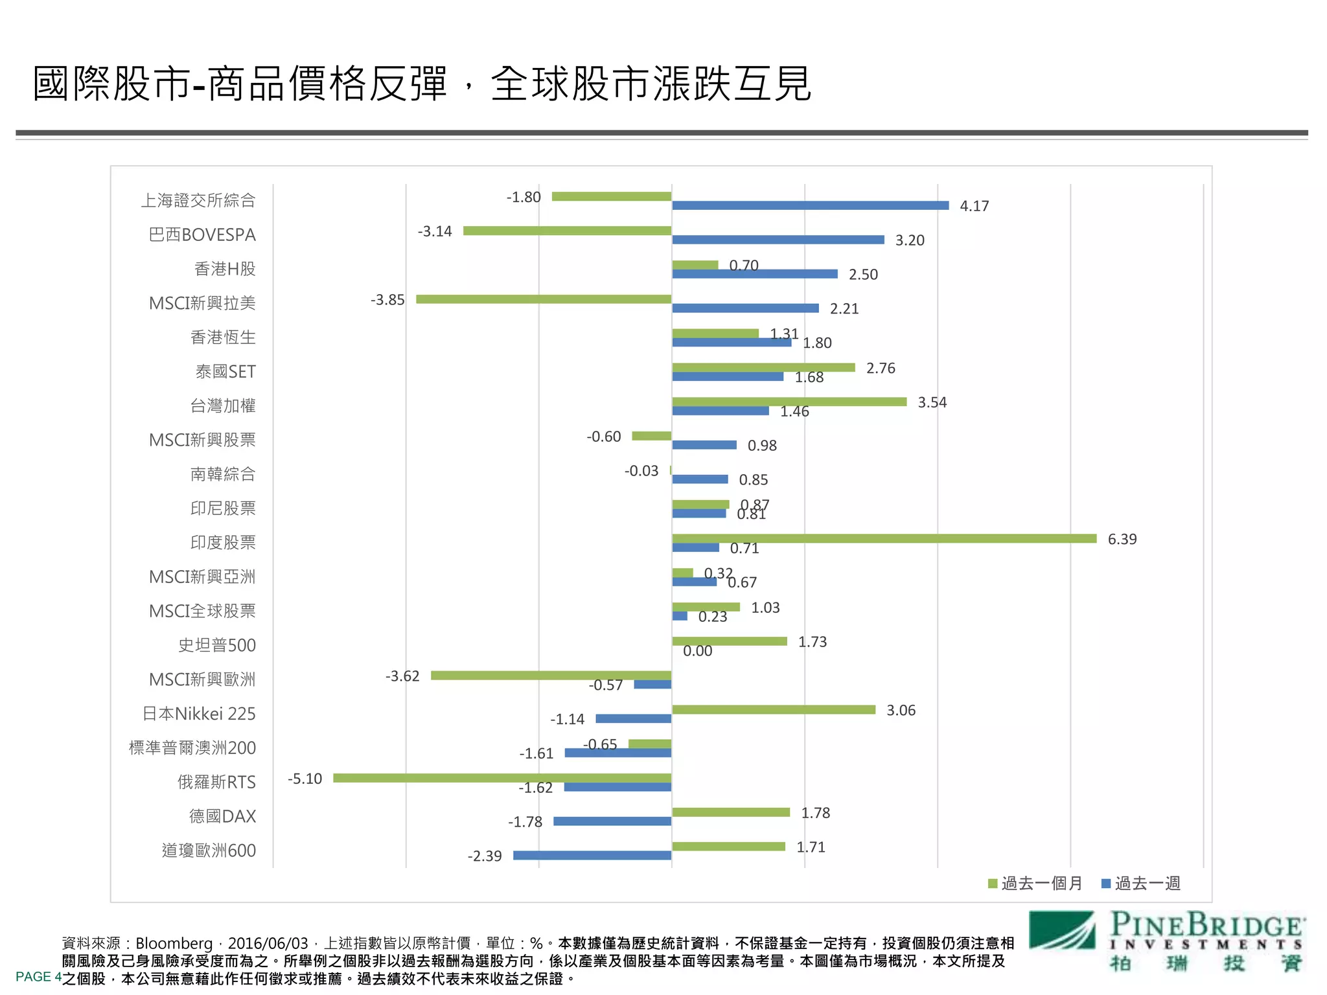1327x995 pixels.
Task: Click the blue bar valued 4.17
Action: click(x=810, y=205)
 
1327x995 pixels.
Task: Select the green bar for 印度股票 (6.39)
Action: click(x=884, y=538)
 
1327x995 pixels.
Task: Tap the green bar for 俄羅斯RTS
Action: click(x=502, y=777)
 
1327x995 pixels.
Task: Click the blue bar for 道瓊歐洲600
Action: click(x=592, y=855)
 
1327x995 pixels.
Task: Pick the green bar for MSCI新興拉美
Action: click(x=544, y=299)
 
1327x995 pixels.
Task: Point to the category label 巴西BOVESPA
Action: click(x=202, y=234)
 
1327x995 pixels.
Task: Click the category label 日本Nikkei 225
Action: click(x=199, y=713)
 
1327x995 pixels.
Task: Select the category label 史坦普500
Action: click(x=217, y=645)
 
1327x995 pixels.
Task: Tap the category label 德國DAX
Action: click(x=222, y=816)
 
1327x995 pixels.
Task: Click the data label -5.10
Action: click(x=305, y=778)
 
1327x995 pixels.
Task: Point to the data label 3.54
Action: click(x=932, y=402)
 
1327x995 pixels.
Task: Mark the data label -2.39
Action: click(x=485, y=856)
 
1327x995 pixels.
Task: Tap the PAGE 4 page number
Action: click(x=38, y=976)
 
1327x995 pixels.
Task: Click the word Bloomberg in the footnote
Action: click(x=174, y=943)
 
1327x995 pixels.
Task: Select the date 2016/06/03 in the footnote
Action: click(x=268, y=943)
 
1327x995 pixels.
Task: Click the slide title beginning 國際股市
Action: click(x=421, y=84)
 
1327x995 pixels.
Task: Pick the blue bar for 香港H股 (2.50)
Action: click(x=755, y=274)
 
